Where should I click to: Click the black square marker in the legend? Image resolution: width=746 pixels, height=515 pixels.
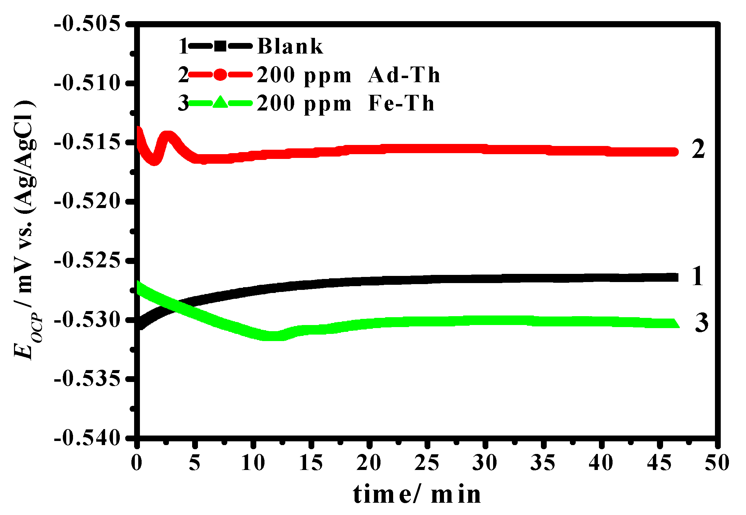point(220,46)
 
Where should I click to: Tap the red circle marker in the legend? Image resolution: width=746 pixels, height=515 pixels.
point(220,75)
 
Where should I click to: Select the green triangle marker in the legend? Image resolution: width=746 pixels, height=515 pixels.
point(220,102)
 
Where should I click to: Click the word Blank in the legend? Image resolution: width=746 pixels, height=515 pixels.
point(290,46)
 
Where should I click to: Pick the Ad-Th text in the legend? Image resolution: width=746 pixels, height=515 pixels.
point(404,75)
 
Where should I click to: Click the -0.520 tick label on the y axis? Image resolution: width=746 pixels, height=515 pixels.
point(88,201)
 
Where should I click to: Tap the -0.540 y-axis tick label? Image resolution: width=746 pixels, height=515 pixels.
point(88,437)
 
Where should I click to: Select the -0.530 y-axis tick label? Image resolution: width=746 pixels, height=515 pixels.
point(88,320)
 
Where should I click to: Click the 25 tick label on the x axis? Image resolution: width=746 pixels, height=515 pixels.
point(427,463)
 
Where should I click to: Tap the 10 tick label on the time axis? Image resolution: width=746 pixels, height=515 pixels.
point(253,463)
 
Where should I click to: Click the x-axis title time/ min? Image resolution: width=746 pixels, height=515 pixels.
point(417,495)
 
